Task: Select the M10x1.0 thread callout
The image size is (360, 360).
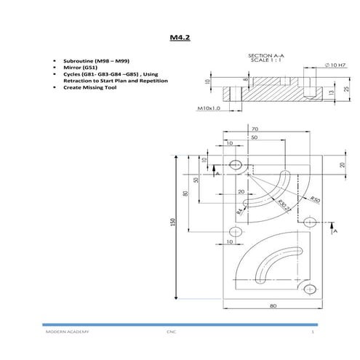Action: point(209,108)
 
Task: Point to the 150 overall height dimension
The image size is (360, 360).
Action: point(173,223)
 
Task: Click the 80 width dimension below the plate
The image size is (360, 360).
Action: point(273,306)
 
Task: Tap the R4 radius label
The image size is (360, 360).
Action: point(240,212)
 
